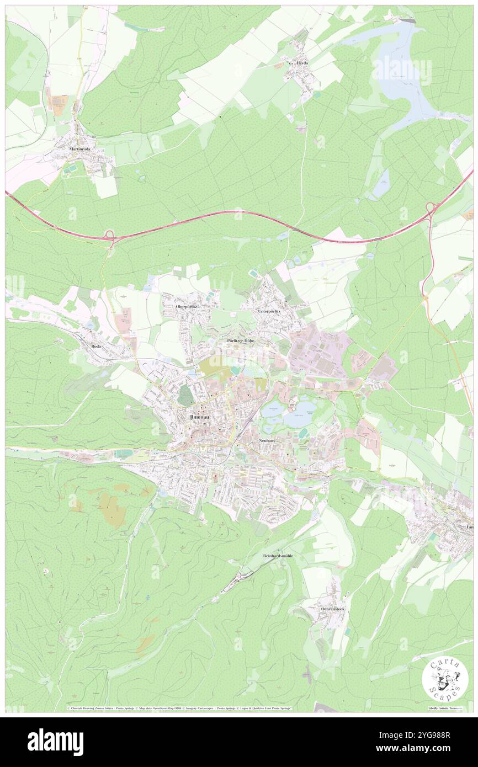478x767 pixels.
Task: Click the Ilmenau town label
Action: (200, 417)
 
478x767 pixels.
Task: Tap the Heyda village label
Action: (302, 63)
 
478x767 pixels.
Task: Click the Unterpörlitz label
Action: (269, 311)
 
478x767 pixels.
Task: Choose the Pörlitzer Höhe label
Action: (241, 341)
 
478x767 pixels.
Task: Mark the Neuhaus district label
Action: (267, 441)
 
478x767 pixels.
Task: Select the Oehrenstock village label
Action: (333, 609)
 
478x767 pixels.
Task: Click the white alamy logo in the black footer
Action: (55, 742)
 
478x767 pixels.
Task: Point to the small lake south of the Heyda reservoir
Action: (381, 184)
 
